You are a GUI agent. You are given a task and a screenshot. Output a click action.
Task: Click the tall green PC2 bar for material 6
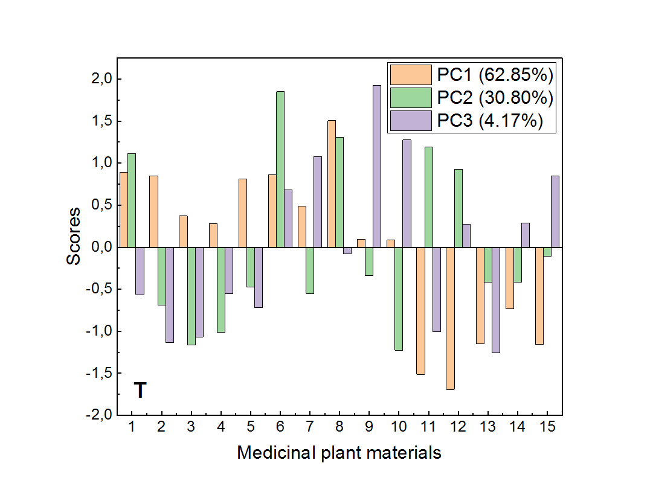pyautogui.click(x=280, y=169)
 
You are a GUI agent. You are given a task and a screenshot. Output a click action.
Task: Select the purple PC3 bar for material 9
pyautogui.click(x=377, y=166)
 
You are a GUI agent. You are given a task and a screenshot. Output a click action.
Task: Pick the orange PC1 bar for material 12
pyautogui.click(x=450, y=318)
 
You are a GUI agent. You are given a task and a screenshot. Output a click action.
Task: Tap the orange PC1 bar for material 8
pyautogui.click(x=332, y=184)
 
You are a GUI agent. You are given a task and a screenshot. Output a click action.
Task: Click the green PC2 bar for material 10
pyautogui.click(x=399, y=299)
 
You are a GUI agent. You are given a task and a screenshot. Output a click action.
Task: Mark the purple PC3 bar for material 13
pyautogui.click(x=495, y=300)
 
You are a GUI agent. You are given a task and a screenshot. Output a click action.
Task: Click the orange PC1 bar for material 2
pyautogui.click(x=154, y=211)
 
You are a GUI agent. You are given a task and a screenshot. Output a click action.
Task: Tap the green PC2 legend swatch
pyautogui.click(x=411, y=98)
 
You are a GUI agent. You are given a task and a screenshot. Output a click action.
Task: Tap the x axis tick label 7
pyautogui.click(x=309, y=427)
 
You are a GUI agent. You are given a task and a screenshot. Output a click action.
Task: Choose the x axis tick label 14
pyautogui.click(x=517, y=427)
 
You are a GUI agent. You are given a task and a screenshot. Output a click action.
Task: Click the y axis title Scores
pyautogui.click(x=74, y=236)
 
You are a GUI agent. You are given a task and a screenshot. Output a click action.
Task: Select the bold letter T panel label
pyautogui.click(x=140, y=391)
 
